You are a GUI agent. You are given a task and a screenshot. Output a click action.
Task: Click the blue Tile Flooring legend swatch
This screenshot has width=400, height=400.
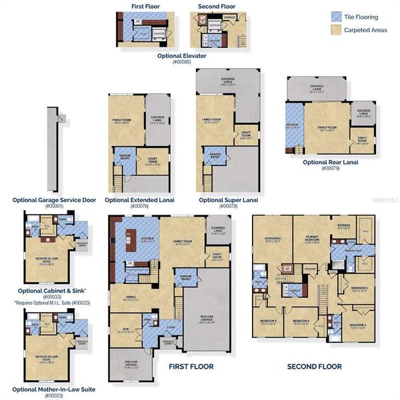(x=336, y=17)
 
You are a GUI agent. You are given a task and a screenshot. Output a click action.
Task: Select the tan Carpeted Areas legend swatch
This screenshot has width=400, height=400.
(x=336, y=30)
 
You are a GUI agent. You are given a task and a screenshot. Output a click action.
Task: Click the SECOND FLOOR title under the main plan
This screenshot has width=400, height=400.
(x=314, y=366)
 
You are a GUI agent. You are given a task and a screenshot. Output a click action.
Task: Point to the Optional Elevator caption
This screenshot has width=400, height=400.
(x=181, y=55)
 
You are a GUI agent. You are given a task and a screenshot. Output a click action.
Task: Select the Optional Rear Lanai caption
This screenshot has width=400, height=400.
(x=331, y=162)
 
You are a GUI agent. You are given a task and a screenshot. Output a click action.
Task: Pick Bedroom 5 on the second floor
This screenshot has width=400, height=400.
(x=269, y=321)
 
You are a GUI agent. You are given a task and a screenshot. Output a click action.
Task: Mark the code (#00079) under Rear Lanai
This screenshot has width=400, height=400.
(x=331, y=169)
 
